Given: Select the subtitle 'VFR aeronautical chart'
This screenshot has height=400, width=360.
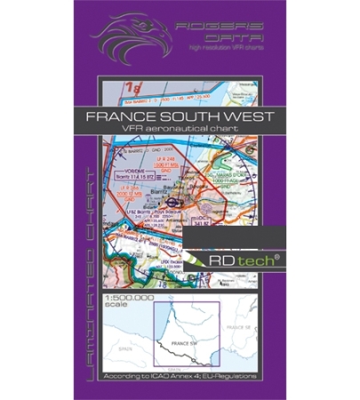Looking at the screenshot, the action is pyautogui.click(x=187, y=132).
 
